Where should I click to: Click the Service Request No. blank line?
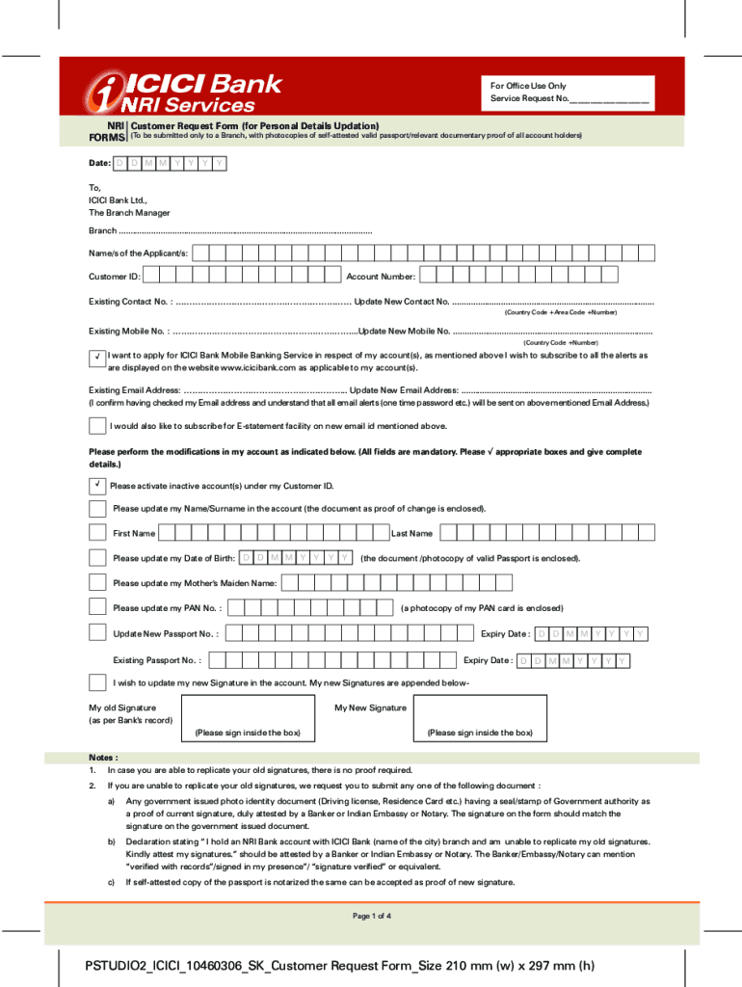(609, 99)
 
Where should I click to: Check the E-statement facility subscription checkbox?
(97, 426)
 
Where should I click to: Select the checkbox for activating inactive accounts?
(97, 485)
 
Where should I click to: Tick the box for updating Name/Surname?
(97, 508)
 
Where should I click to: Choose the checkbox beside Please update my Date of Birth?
(97, 558)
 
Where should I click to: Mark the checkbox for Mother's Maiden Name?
(97, 582)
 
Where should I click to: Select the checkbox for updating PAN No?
(97, 607)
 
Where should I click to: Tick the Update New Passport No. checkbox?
(97, 632)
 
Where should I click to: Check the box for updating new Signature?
(97, 682)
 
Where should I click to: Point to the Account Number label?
(381, 277)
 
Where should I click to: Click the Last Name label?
(411, 533)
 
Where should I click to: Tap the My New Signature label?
(370, 707)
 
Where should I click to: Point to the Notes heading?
(103, 758)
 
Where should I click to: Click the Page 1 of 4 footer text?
(371, 916)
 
